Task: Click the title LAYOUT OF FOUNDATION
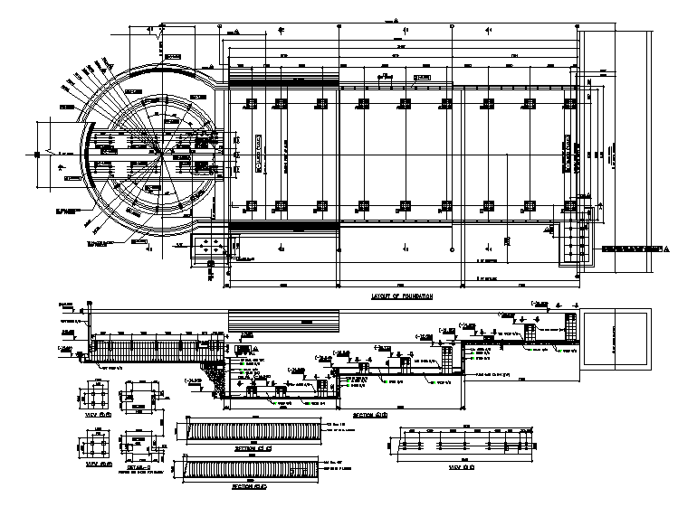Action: [402, 296]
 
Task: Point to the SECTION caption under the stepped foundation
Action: [369, 414]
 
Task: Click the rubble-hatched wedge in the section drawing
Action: [215, 377]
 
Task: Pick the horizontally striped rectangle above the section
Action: [283, 322]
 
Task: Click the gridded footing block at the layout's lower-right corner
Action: [577, 241]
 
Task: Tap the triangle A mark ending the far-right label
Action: [667, 249]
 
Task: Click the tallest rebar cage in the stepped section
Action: [571, 331]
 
